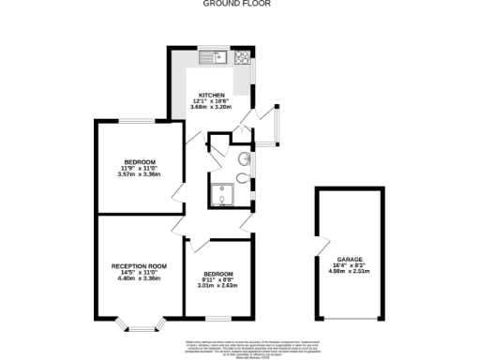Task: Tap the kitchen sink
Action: [x=211, y=58]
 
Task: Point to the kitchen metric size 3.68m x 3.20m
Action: [x=212, y=107]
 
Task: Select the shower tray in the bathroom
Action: [x=223, y=196]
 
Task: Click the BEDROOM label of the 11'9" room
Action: [x=140, y=162]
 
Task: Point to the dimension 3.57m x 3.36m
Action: [x=140, y=174]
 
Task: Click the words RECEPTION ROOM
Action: [x=139, y=266]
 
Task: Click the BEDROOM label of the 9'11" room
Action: [x=218, y=273]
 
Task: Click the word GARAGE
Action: [x=350, y=260]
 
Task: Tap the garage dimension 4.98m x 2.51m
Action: [x=350, y=272]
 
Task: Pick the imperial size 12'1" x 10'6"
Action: [x=212, y=100]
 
